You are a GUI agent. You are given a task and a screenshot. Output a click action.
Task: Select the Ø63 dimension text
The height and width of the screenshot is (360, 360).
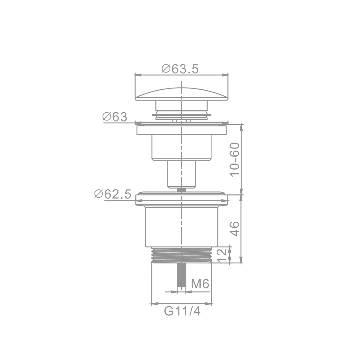pyautogui.click(x=115, y=117)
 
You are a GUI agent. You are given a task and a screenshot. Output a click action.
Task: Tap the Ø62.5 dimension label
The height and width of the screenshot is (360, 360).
pyautogui.click(x=113, y=194)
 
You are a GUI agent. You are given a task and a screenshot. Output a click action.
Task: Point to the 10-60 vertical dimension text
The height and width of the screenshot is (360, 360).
pyautogui.click(x=235, y=160)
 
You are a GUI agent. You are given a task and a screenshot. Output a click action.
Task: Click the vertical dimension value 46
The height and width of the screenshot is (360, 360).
pyautogui.click(x=235, y=229)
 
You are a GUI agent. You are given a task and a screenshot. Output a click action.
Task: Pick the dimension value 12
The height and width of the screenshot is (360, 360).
pyautogui.click(x=222, y=256)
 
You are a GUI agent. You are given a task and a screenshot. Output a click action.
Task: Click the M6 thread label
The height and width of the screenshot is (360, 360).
pyautogui.click(x=200, y=284)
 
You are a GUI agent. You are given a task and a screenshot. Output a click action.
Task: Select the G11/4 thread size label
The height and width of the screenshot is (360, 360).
pyautogui.click(x=182, y=311)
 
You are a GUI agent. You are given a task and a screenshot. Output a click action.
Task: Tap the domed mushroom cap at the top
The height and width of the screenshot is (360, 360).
pyautogui.click(x=181, y=94)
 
